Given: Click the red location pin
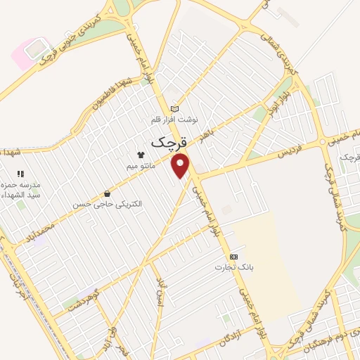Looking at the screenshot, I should coord(181,166).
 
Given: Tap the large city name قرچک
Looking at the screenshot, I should coord(169,139).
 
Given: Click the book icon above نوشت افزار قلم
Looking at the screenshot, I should coord(174,109).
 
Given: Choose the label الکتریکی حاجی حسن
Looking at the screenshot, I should coord(107,205).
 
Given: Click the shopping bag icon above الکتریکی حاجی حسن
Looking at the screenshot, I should coord(107,193).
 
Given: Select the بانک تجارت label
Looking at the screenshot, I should coord(234,268).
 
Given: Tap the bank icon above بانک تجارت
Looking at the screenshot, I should coord(234,257).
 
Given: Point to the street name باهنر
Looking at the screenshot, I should coord(213,134).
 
